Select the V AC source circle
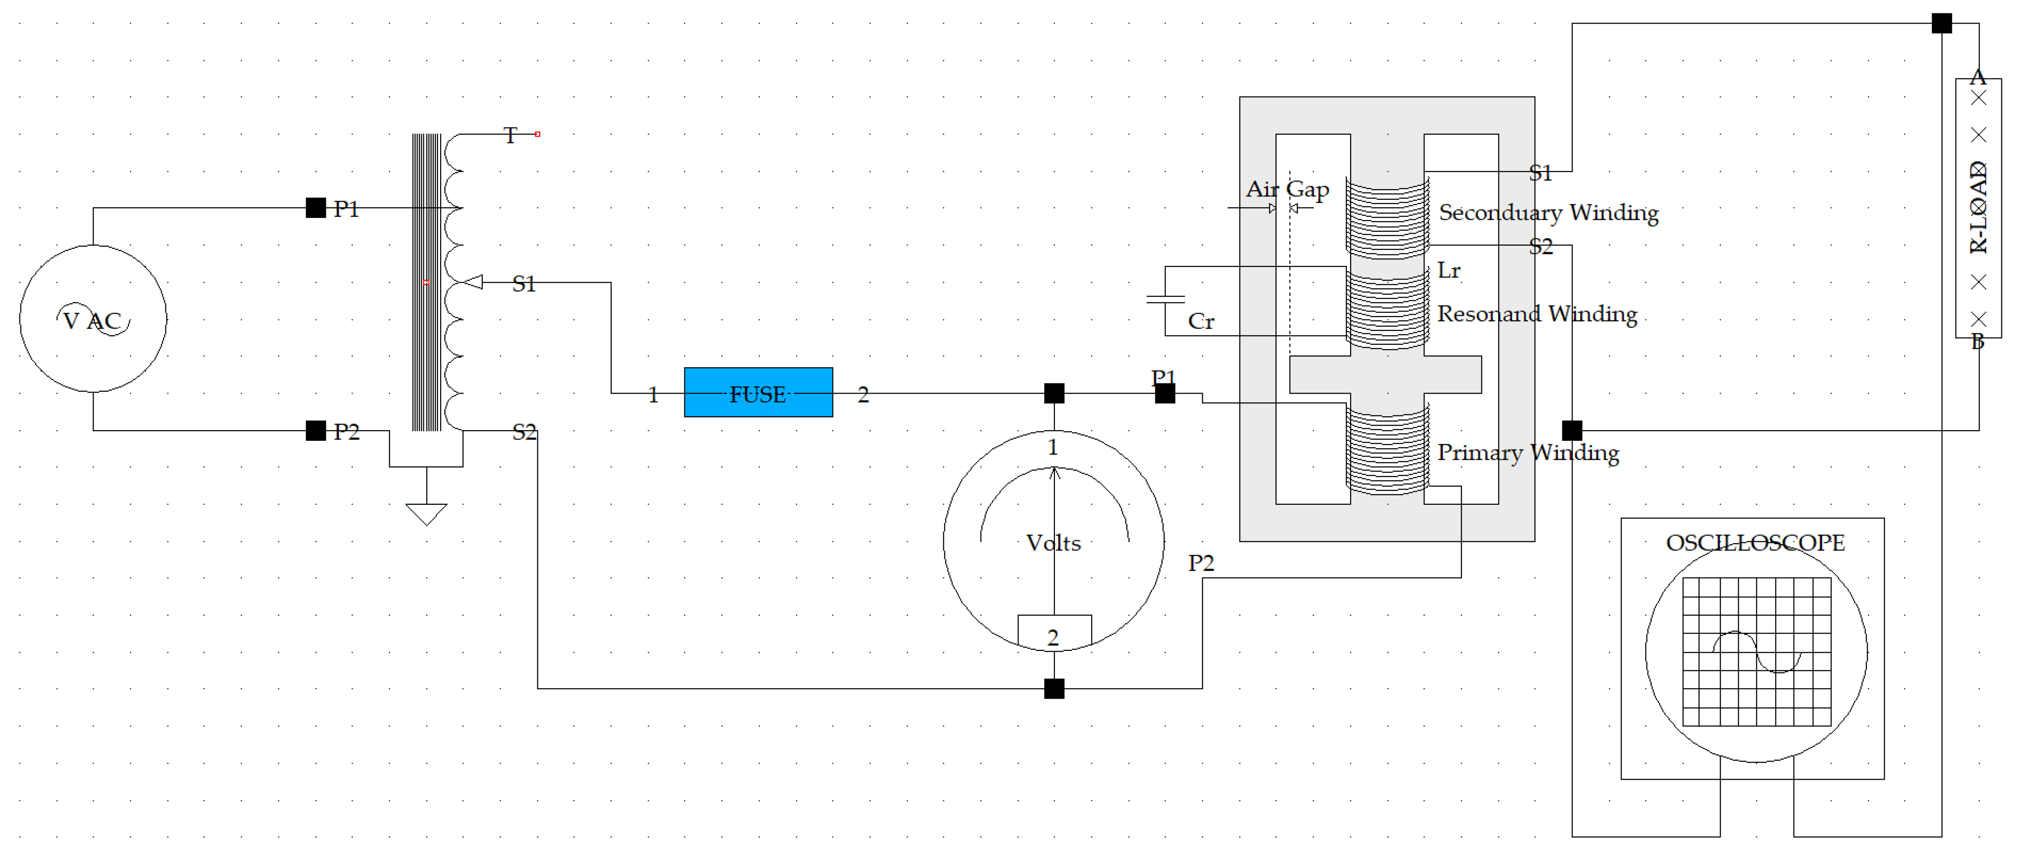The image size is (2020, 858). pyautogui.click(x=93, y=318)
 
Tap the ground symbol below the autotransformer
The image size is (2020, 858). pyautogui.click(x=426, y=514)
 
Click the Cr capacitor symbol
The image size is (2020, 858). pyautogui.click(x=1165, y=299)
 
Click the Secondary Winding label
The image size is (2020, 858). pyautogui.click(x=1548, y=213)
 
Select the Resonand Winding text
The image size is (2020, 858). pyautogui.click(x=1536, y=314)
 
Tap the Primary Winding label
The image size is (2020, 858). pyautogui.click(x=1528, y=452)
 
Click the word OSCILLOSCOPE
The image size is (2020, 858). pyautogui.click(x=1755, y=543)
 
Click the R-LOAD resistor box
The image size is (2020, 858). pyautogui.click(x=1978, y=208)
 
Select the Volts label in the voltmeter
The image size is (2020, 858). pyautogui.click(x=1053, y=543)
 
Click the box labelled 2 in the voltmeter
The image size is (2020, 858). pyautogui.click(x=1054, y=632)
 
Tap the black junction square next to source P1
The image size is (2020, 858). pyautogui.click(x=315, y=208)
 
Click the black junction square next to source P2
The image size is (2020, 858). pyautogui.click(x=315, y=431)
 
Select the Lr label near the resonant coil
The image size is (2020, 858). pyautogui.click(x=1448, y=271)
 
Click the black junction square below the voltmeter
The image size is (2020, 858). pyautogui.click(x=1054, y=689)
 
